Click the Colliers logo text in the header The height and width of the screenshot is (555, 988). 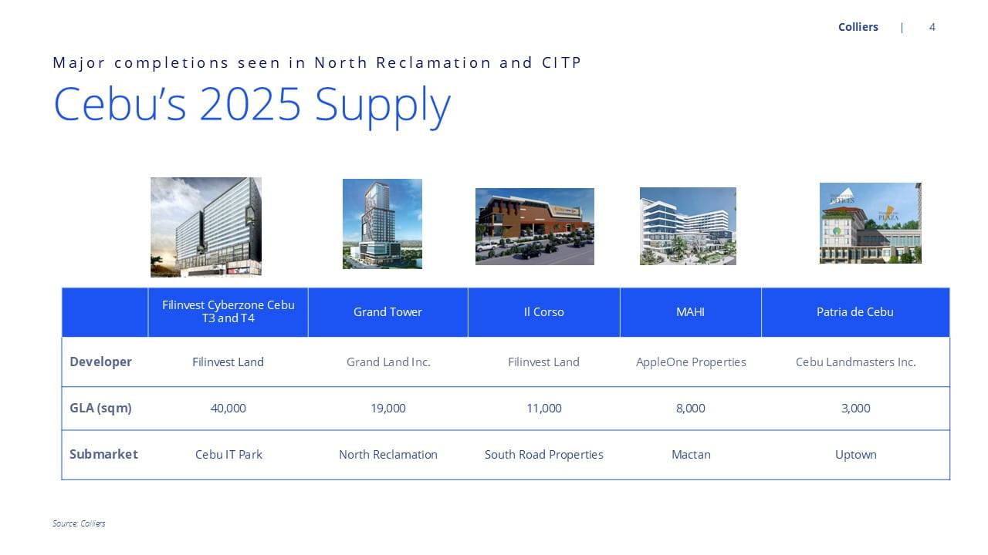pos(858,27)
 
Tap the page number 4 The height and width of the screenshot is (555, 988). pos(932,27)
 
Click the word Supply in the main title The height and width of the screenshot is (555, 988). pos(382,106)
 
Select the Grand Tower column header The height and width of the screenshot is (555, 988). pos(387,312)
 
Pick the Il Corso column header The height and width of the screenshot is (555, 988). pos(544,312)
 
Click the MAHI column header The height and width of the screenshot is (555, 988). pos(690,312)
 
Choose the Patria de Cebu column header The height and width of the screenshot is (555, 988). pos(854,312)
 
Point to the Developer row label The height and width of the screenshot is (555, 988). pos(100,362)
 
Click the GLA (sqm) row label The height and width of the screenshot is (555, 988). pos(100,409)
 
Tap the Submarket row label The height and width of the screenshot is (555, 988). pos(103,454)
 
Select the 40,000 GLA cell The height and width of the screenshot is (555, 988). pos(228,409)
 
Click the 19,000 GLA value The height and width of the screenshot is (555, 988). pos(387,409)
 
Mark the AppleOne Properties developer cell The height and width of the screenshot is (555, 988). pos(691,362)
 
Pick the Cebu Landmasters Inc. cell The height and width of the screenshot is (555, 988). pos(856,362)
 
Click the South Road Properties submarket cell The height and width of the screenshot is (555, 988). pos(544,455)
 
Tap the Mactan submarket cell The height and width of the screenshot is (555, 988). pos(691,455)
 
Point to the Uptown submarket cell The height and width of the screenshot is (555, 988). pos(856,455)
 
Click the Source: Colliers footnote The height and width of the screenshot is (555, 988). pos(79,523)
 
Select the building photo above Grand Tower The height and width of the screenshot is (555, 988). pos(382,224)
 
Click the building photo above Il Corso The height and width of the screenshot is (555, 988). pos(535,227)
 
